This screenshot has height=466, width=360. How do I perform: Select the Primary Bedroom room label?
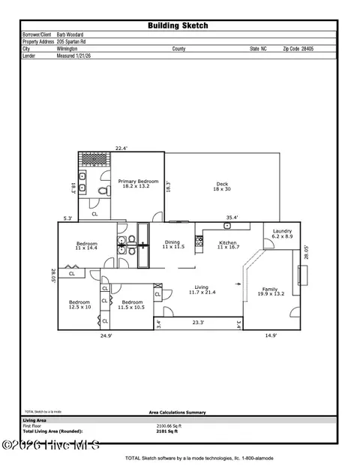(137, 183)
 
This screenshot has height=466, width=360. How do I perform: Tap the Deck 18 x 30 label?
(222, 186)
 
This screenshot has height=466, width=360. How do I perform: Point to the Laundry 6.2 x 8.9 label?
(282, 233)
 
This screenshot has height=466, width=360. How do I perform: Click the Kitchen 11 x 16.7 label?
(228, 245)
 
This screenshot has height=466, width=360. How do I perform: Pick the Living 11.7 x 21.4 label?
(202, 289)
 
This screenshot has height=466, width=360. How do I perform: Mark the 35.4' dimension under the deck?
(232, 218)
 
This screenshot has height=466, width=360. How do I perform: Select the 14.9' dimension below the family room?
(271, 337)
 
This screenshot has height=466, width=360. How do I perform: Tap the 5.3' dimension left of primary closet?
(68, 218)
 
